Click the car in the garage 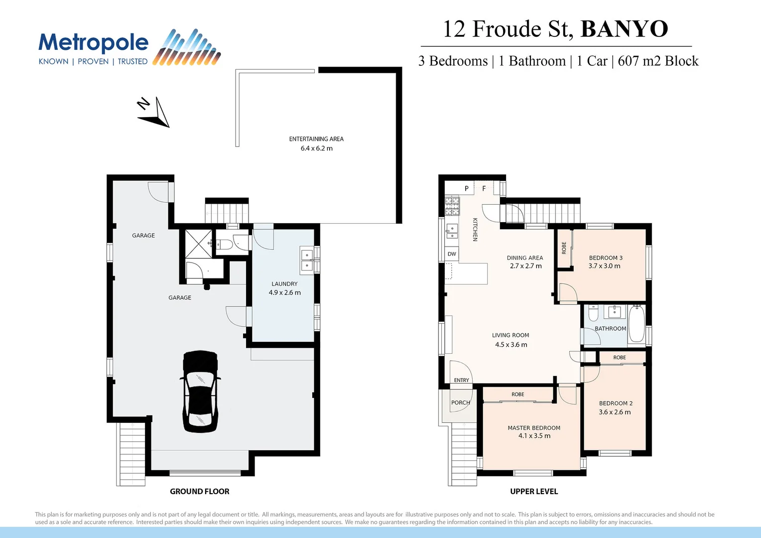pyautogui.click(x=200, y=391)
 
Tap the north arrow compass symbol pyautogui.click(x=155, y=113)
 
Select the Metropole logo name pyautogui.click(x=94, y=43)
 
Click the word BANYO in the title pyautogui.click(x=624, y=29)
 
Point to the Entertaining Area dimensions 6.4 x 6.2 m pyautogui.click(x=316, y=148)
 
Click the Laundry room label pyautogui.click(x=284, y=284)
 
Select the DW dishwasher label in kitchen pyautogui.click(x=452, y=254)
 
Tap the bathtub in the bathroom pyautogui.click(x=636, y=323)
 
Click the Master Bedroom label pyautogui.click(x=534, y=428)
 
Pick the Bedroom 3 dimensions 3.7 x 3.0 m pyautogui.click(x=605, y=266)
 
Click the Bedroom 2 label pyautogui.click(x=616, y=403)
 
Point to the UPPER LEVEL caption pyautogui.click(x=534, y=492)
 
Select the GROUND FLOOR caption pyautogui.click(x=200, y=492)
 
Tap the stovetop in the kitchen pyautogui.click(x=452, y=205)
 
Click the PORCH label pyautogui.click(x=461, y=403)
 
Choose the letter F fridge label pyautogui.click(x=484, y=189)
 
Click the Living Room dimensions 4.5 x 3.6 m pyautogui.click(x=511, y=345)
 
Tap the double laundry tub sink pyautogui.click(x=307, y=261)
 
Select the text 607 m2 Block pyautogui.click(x=658, y=61)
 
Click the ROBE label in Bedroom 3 pyautogui.click(x=564, y=248)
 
